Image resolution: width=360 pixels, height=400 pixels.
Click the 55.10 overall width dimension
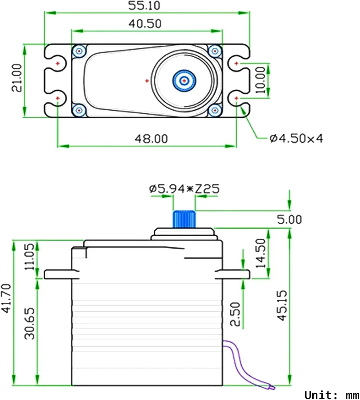point(144,6)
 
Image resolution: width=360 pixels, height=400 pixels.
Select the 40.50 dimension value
point(145,24)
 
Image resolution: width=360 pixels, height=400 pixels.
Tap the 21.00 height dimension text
point(17,78)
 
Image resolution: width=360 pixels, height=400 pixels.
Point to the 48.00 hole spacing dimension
point(151,139)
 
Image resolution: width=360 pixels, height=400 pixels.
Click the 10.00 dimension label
point(261,80)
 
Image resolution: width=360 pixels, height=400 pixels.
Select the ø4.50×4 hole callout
point(296,138)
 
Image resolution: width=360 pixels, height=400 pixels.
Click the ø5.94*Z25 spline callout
point(184,189)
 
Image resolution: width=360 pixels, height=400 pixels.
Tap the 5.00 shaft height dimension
point(289,219)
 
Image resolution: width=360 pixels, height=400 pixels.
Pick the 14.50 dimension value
point(261,253)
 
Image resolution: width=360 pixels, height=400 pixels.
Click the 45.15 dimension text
point(282,305)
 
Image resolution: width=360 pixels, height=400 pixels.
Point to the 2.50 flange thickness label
point(235,314)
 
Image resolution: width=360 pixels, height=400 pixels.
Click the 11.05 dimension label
point(29,256)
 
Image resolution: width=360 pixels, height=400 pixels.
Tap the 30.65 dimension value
point(29,323)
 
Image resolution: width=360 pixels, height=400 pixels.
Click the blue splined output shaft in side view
point(184,219)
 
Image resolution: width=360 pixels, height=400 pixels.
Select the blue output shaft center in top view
point(184,80)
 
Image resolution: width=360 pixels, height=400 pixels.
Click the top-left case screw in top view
point(79,51)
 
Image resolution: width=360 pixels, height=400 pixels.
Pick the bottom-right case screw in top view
point(215,110)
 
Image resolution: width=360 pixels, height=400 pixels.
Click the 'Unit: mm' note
point(332,395)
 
